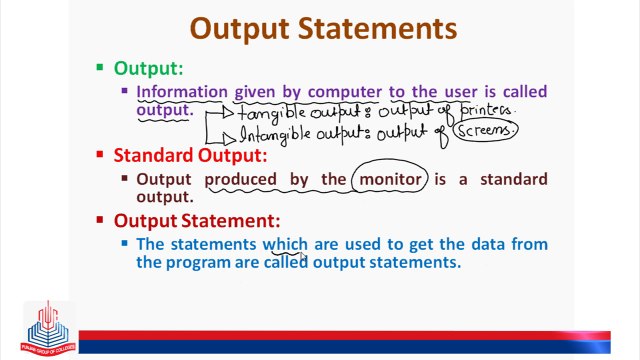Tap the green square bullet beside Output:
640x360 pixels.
coord(100,68)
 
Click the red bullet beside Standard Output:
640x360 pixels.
coord(100,155)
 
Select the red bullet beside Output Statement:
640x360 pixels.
coord(100,220)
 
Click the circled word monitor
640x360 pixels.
coord(388,180)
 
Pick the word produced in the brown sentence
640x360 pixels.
coord(243,180)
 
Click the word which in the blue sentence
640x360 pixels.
coord(285,244)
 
